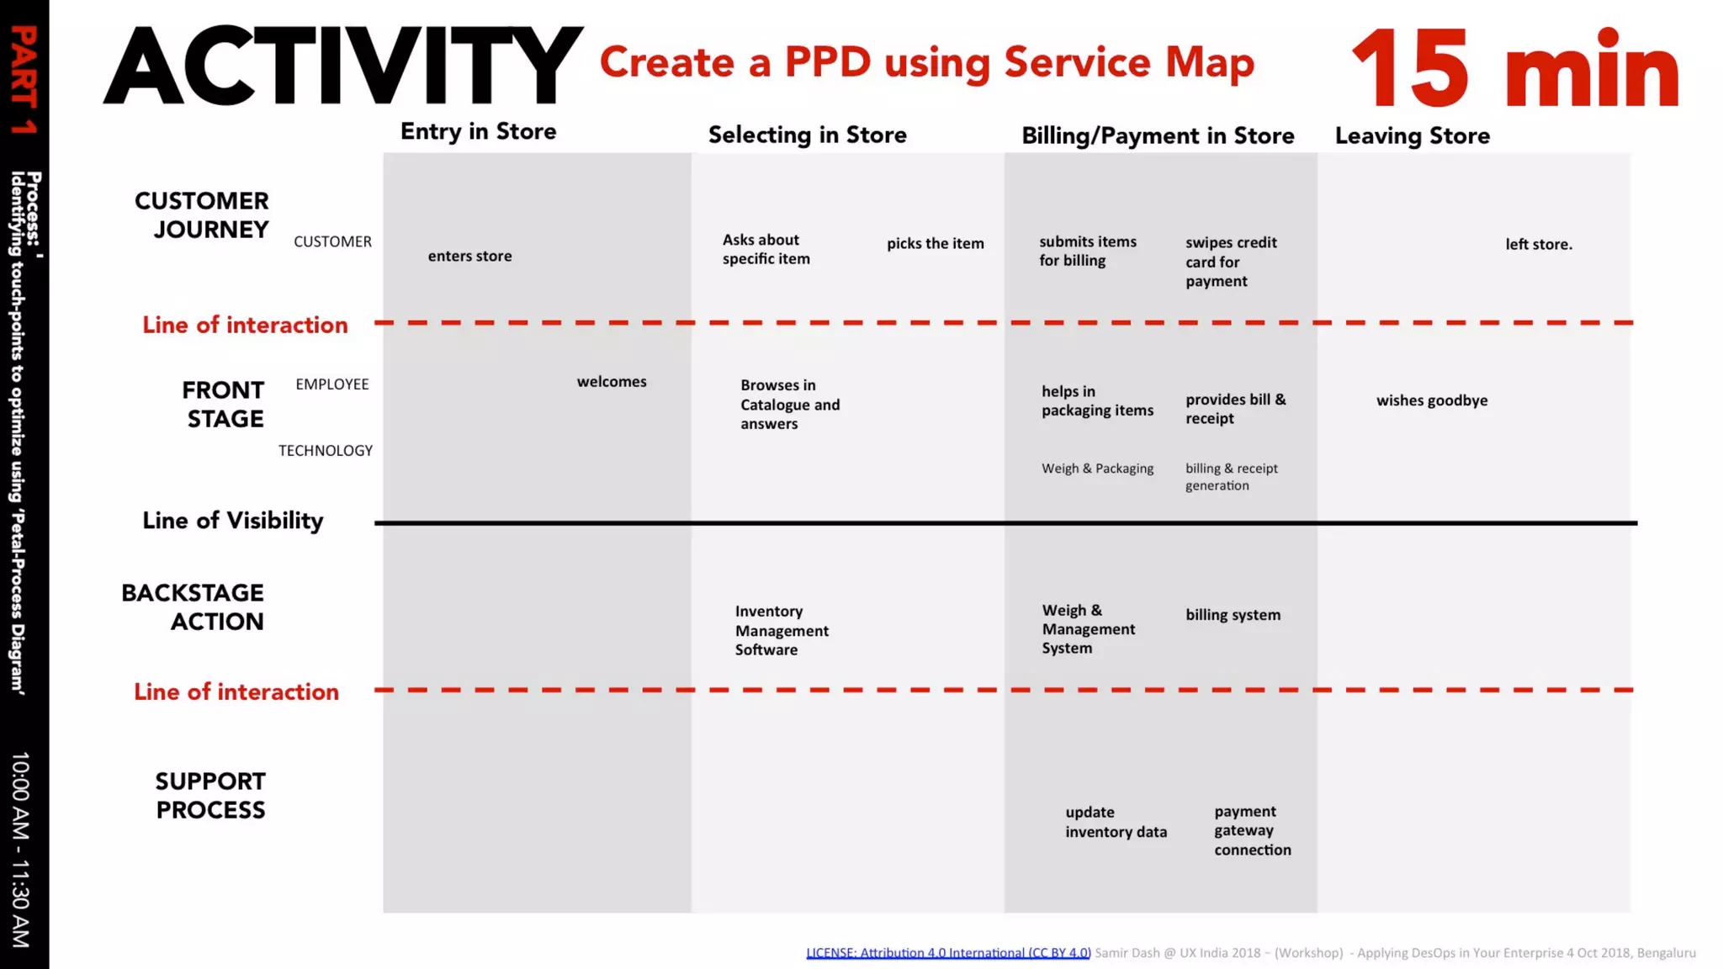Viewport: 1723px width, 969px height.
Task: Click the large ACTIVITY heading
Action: (342, 66)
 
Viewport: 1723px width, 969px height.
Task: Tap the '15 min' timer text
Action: (1514, 69)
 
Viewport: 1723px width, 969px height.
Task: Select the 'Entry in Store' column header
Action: (478, 131)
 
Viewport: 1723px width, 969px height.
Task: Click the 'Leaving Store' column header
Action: (1412, 135)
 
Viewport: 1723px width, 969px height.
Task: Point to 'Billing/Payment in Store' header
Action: (1157, 135)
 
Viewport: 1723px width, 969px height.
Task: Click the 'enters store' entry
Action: (469, 256)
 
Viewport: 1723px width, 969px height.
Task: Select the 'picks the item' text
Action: (935, 243)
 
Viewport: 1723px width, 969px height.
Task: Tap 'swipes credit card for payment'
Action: (1230, 262)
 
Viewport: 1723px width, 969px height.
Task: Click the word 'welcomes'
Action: (612, 382)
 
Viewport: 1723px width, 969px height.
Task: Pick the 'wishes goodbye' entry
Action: (1431, 400)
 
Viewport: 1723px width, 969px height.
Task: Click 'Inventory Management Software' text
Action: (781, 630)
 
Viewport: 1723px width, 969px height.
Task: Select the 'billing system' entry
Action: (1233, 615)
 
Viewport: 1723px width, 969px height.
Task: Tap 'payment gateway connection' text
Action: (1251, 830)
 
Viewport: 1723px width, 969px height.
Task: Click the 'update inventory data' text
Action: (1116, 822)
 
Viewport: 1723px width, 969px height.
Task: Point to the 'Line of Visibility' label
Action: (232, 521)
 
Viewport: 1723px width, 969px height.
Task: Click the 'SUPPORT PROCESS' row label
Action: (210, 795)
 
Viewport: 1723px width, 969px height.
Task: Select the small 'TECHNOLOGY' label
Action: (325, 451)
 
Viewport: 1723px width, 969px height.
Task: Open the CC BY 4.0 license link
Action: (947, 952)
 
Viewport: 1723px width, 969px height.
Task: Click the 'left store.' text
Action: (1538, 244)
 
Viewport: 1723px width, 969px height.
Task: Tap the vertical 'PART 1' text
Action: (24, 80)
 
